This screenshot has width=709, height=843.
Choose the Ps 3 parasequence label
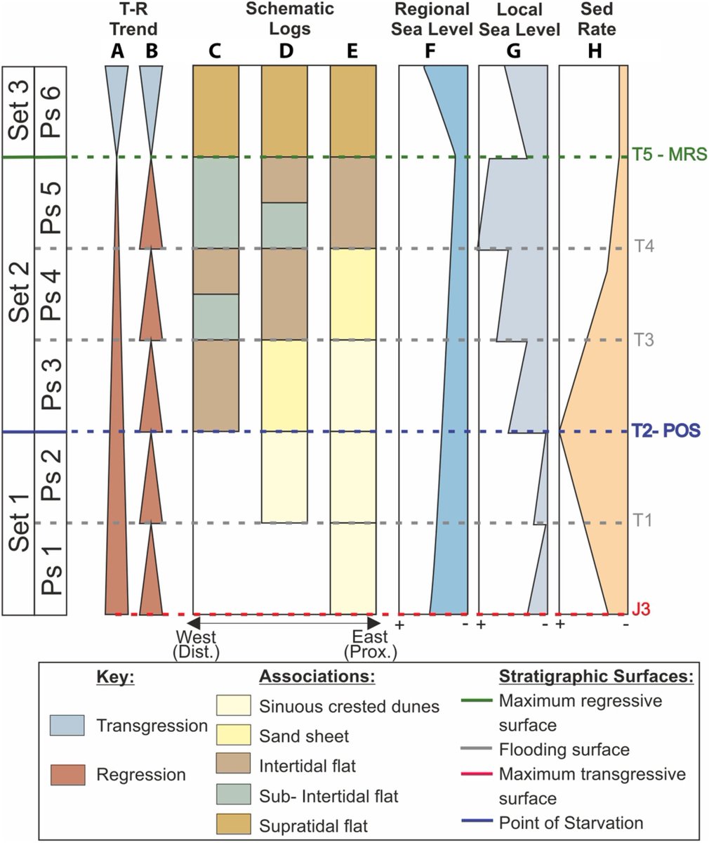(51, 385)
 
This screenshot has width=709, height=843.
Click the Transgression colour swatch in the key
(63, 725)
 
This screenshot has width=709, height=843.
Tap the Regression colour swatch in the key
(63, 775)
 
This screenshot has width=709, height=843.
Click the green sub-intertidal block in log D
(284, 225)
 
